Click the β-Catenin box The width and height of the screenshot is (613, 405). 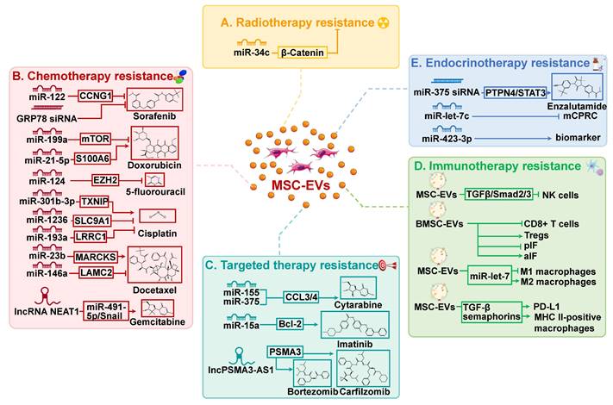303,53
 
